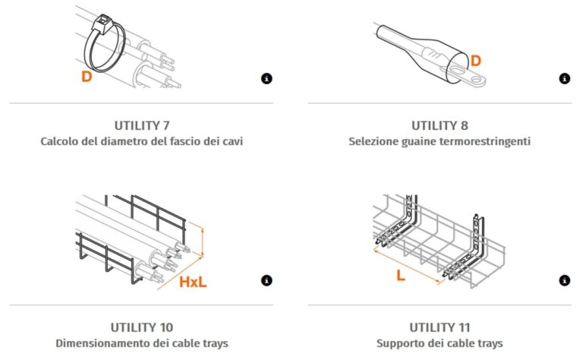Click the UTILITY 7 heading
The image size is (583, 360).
point(142,126)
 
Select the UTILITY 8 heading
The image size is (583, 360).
point(440,126)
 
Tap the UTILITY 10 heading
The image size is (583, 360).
point(142,327)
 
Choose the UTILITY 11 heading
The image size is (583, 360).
point(440,327)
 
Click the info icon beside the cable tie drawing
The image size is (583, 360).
point(266,79)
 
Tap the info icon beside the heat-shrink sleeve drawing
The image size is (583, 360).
point(565,79)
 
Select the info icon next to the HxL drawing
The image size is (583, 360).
point(266,280)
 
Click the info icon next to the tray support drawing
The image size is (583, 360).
point(565,280)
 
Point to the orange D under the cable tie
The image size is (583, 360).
point(87,77)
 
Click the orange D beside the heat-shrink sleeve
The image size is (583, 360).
point(475,61)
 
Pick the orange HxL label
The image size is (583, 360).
point(193,283)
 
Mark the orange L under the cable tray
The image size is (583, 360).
point(401,276)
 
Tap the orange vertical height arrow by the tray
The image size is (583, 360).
point(203,242)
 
